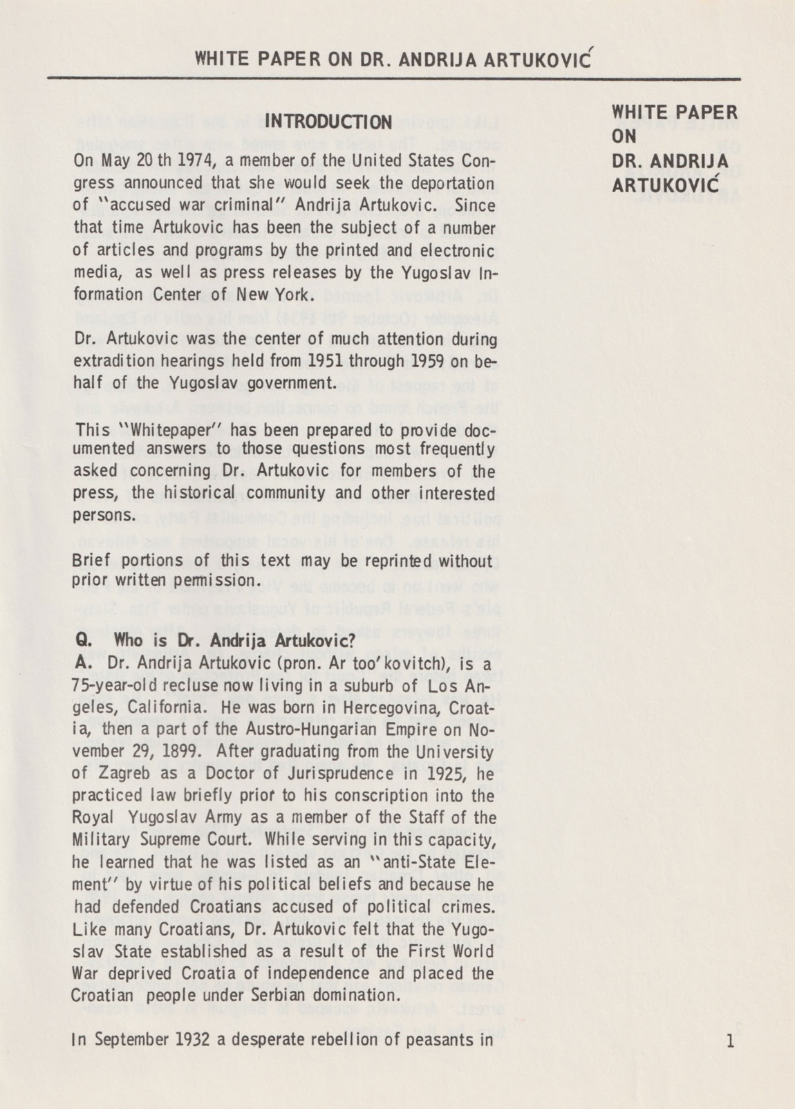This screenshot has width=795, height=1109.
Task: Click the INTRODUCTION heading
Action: [329, 122]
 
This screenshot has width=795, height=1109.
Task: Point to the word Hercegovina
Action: [359, 708]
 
